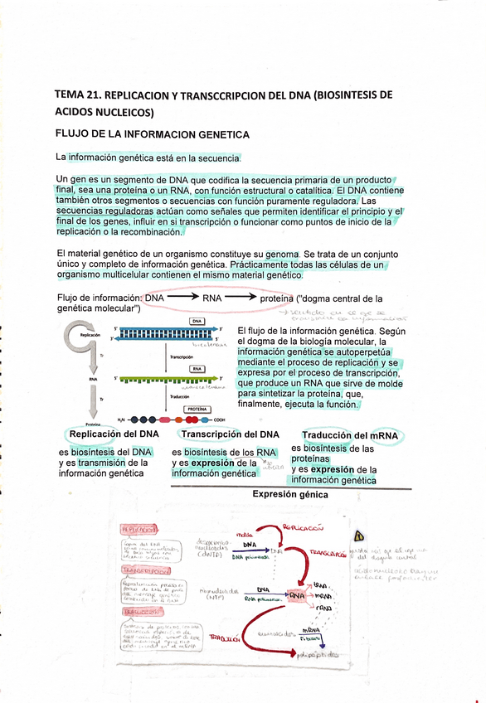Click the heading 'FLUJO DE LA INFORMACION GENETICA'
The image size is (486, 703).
tap(152, 133)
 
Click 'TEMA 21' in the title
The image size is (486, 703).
tap(77, 95)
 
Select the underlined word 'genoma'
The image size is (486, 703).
tap(270, 254)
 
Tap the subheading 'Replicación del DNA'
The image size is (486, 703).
tap(114, 434)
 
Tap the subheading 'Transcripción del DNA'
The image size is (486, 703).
tap(230, 434)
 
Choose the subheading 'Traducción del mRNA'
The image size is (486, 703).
tap(349, 435)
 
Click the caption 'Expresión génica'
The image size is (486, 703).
tap(289, 495)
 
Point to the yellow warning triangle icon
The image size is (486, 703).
tap(359, 535)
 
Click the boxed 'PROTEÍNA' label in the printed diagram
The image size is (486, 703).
tap(197, 409)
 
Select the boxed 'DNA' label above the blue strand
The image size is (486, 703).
tap(197, 321)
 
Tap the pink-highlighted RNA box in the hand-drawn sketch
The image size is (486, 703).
tap(297, 596)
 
